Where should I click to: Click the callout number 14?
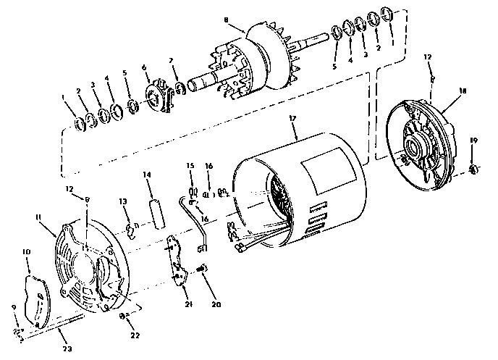[147, 175]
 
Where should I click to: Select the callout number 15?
[191, 167]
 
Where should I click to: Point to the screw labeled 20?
[202, 269]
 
